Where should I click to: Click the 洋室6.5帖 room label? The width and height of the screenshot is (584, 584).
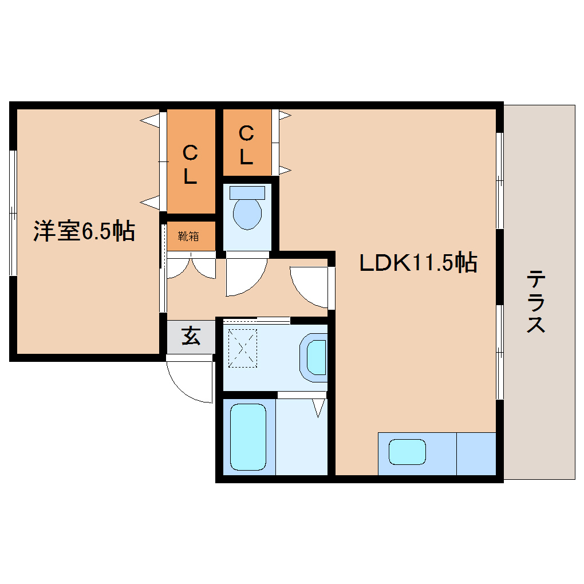pos(84,231)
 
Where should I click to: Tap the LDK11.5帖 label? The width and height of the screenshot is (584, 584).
pos(418,263)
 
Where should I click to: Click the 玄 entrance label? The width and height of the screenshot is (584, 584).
pos(191,337)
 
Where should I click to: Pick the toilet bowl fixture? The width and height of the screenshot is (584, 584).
pos(247,213)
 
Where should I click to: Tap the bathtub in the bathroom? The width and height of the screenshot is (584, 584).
pos(248,436)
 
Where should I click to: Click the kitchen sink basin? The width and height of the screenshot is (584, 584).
pos(407,452)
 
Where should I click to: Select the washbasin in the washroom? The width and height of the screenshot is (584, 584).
pos(316,357)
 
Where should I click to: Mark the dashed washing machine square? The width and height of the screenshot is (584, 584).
pos(243,348)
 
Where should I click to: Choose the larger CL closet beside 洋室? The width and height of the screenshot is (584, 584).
pos(191,162)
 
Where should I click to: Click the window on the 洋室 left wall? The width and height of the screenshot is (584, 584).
pos(13,213)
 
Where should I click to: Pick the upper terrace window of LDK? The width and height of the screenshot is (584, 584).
pos(499,180)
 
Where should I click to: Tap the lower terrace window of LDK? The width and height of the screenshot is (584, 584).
pos(499,352)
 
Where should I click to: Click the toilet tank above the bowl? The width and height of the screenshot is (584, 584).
pos(247,192)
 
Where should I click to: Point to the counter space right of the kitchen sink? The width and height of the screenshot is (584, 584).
pos(476,453)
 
